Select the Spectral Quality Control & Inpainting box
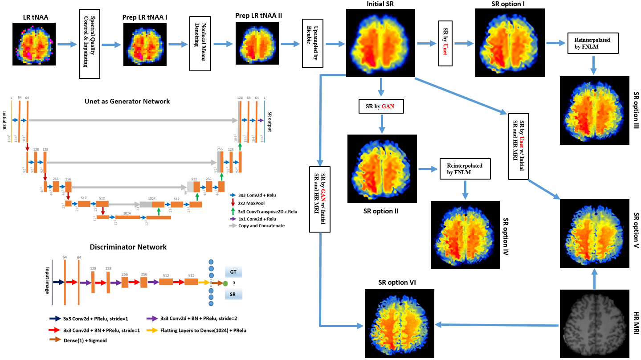click(x=90, y=43)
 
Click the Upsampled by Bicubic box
click(x=312, y=43)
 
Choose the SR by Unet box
click(x=445, y=43)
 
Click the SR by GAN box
click(x=381, y=106)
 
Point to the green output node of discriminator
click(x=225, y=283)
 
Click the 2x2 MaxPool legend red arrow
click(x=233, y=203)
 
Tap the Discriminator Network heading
click(x=128, y=247)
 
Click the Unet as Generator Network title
click(x=127, y=101)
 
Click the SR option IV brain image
click(x=465, y=234)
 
